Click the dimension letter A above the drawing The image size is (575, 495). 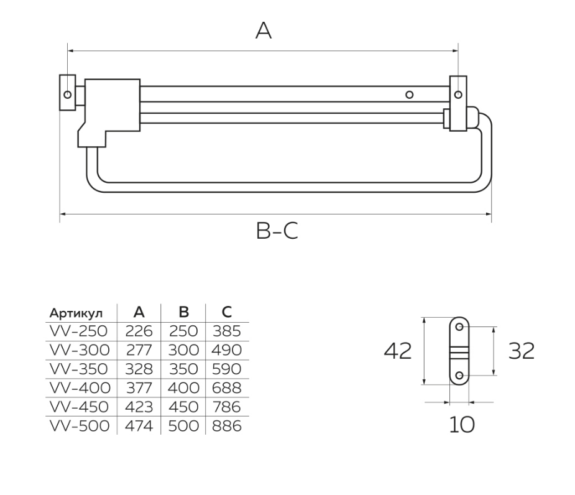[x=264, y=30]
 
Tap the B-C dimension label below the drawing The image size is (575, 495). [x=277, y=231]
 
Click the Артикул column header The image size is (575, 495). [x=76, y=313]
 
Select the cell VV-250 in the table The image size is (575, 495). [x=78, y=331]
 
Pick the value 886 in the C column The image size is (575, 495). [x=227, y=426]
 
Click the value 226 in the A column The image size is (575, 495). [x=139, y=331]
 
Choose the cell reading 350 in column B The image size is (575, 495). [x=183, y=369]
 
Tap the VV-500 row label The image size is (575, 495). [x=80, y=426]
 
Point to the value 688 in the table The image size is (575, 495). [x=227, y=388]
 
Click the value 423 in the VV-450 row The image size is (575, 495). [x=139, y=407]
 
